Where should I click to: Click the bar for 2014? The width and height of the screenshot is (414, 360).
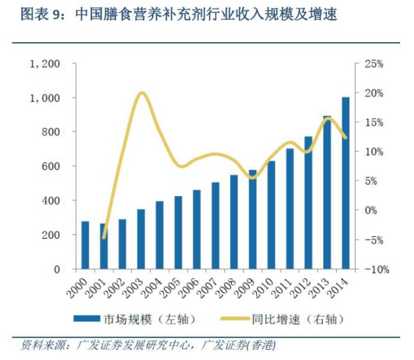tap(346, 183)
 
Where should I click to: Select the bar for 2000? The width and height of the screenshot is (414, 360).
tap(85, 245)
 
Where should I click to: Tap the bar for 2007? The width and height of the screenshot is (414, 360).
tap(216, 225)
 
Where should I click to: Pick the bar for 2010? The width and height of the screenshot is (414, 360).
tap(272, 215)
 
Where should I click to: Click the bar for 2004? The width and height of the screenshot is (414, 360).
tap(160, 235)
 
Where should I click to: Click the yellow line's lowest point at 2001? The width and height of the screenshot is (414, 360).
tap(105, 238)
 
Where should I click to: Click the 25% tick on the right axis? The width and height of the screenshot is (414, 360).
tap(373, 64)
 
